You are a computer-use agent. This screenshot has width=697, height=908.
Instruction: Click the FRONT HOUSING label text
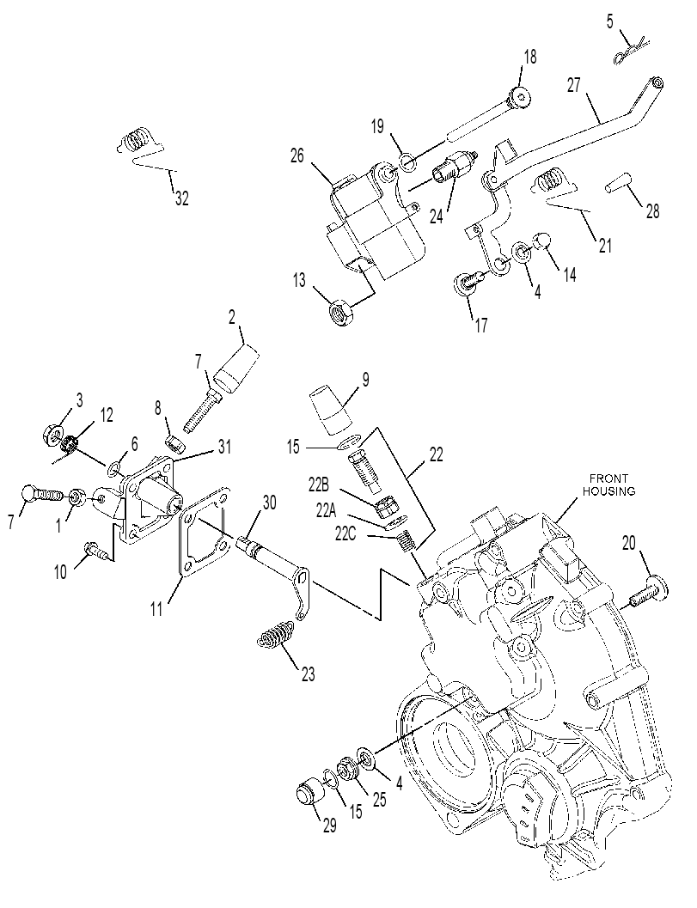pyautogui.click(x=608, y=484)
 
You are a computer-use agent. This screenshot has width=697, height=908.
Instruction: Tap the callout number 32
pyautogui.click(x=182, y=198)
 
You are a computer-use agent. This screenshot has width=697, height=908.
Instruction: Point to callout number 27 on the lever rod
pyautogui.click(x=573, y=85)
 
